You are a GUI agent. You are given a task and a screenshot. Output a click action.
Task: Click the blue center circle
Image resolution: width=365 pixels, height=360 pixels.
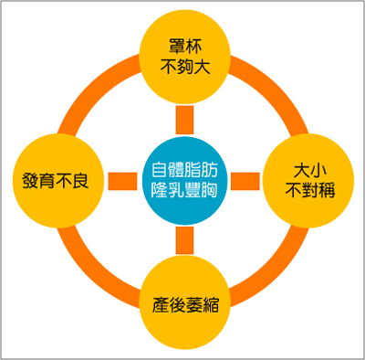coord(185,179)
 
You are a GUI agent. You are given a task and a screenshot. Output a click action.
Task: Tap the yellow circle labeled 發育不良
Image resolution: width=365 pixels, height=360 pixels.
coord(57,179)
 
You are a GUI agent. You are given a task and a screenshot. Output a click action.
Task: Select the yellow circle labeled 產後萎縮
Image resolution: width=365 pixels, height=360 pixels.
coord(185,302)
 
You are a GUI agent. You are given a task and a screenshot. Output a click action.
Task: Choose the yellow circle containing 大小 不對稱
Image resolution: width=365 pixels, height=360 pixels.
coord(308,179)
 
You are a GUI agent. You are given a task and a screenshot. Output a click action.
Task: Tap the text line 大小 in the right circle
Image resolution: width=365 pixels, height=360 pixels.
coord(308,169)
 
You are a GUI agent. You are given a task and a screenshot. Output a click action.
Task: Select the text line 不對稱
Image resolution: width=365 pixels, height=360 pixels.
coord(308,190)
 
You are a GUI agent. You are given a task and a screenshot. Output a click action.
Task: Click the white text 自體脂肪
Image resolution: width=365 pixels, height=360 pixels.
coord(185,168)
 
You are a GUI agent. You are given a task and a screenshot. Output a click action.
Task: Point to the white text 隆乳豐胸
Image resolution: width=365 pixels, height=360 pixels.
coord(185,190)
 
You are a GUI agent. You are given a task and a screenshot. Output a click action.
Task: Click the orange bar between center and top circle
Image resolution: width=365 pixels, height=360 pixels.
coord(185,117)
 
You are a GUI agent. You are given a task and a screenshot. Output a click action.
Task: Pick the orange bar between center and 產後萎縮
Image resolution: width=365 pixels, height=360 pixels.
coord(185,240)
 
